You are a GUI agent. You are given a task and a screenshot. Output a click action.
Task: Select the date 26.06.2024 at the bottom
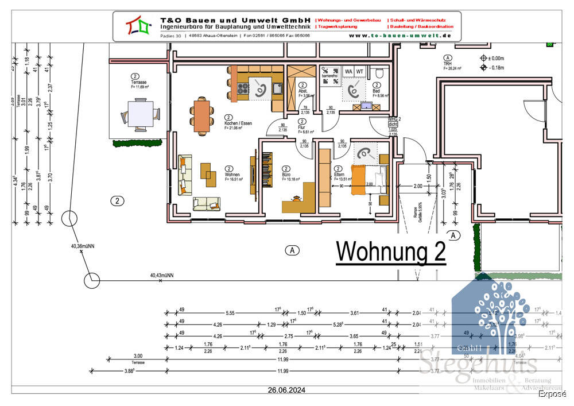point(286,390)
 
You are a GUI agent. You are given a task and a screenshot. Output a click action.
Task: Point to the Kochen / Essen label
point(238,123)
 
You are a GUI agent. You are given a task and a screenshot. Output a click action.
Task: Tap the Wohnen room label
point(232,175)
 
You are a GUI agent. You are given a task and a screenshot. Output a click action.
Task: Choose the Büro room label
point(286,174)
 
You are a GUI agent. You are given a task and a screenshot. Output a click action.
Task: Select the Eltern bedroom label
point(339,174)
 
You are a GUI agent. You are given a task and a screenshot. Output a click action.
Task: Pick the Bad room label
point(376,91)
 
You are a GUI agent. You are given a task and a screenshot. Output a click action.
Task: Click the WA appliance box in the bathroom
point(348,71)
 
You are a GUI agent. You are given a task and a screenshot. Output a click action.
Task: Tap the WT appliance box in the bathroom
point(360,71)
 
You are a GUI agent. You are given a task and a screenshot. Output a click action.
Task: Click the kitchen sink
point(277,88)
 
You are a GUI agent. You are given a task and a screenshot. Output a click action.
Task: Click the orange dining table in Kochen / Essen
point(201,115)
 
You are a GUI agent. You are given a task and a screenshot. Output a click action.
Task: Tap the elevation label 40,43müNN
point(162,276)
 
